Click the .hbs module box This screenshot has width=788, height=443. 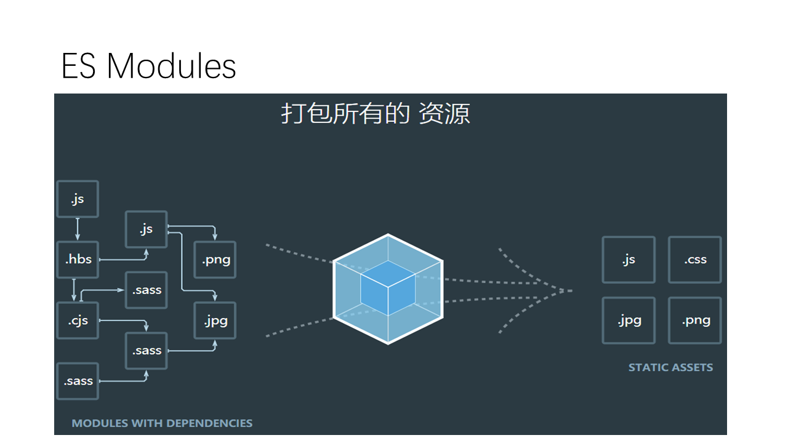(78, 260)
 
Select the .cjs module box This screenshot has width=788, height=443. (78, 321)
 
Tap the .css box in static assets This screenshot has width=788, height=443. (695, 260)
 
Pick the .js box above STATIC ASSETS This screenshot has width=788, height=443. (628, 260)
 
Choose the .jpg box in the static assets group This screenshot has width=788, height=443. (628, 320)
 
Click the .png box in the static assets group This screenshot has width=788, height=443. (695, 320)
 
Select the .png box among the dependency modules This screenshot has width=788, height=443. (215, 260)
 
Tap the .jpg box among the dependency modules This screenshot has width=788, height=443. (215, 321)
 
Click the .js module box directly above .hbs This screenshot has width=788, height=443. (78, 199)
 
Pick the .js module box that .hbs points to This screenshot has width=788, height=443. (146, 229)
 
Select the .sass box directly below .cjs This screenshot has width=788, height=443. (78, 381)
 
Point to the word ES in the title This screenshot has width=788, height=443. (78, 66)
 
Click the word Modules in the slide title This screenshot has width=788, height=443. (171, 66)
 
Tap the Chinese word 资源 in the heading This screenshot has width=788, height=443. (444, 114)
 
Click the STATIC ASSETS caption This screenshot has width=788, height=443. (670, 367)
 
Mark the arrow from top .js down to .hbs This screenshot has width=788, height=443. (78, 229)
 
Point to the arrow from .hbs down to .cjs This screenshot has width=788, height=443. (74, 290)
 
